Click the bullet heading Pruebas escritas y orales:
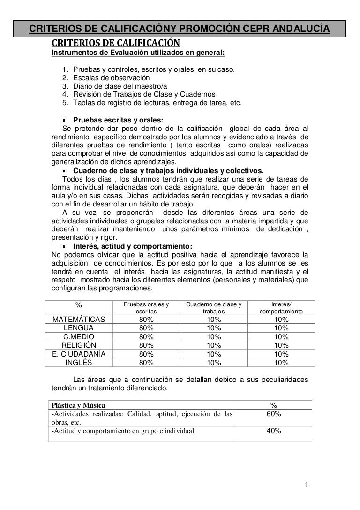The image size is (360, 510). pyautogui.click(x=118, y=120)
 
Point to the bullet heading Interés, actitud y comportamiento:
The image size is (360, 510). pyautogui.click(x=133, y=246)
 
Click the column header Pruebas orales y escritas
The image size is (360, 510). pyautogui.click(x=146, y=308)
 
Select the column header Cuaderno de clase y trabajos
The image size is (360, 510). pyautogui.click(x=214, y=308)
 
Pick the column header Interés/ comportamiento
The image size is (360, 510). pyautogui.click(x=281, y=308)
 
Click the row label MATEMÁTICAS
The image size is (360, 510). pyautogui.click(x=79, y=320)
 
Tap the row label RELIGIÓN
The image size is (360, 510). pyautogui.click(x=79, y=345)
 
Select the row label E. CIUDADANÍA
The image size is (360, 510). pyautogui.click(x=79, y=354)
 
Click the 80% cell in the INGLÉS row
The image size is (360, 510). pyautogui.click(x=146, y=362)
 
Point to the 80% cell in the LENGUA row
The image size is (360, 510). pyautogui.click(x=146, y=328)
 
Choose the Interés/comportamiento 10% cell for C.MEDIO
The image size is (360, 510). pyautogui.click(x=281, y=337)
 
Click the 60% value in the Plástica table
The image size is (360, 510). pyautogui.click(x=274, y=414)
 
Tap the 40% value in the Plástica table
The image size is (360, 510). pyautogui.click(x=274, y=431)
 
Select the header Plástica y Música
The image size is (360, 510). pyautogui.click(x=79, y=405)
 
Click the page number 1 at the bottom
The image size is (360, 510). pyautogui.click(x=306, y=485)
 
